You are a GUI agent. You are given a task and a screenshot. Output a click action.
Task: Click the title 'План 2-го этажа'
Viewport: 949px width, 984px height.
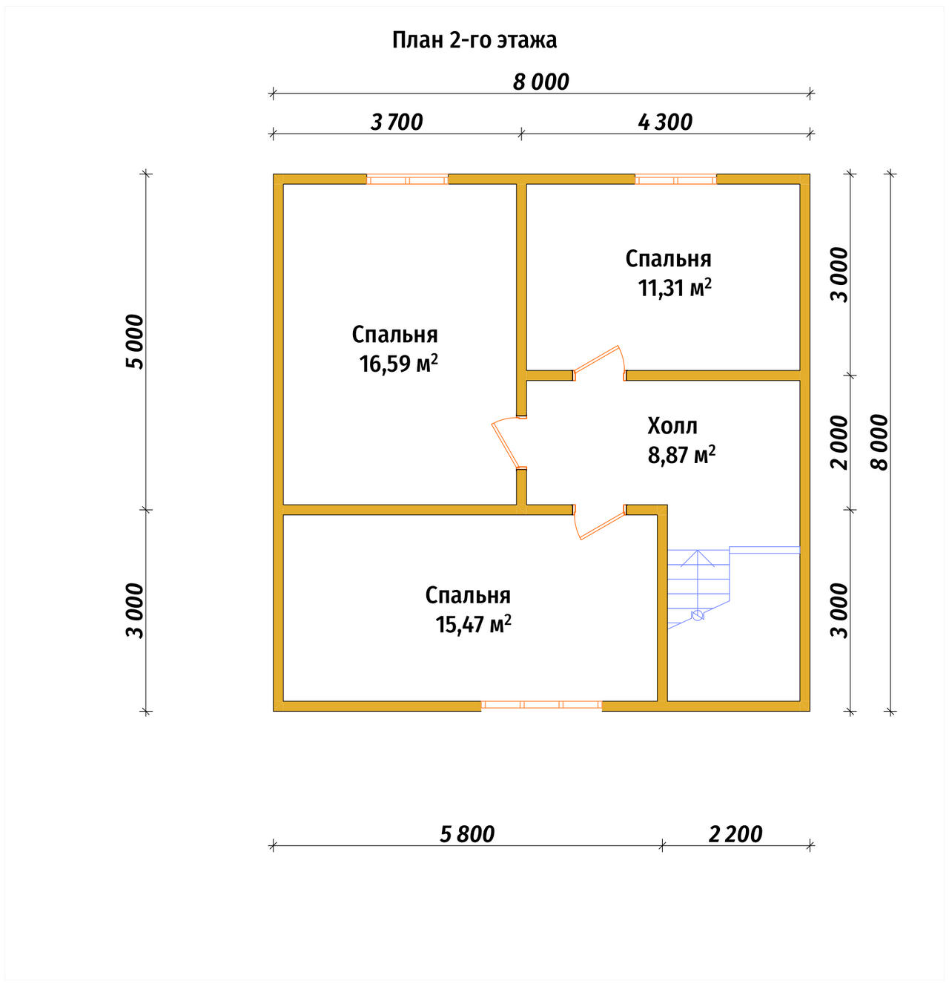[474, 41]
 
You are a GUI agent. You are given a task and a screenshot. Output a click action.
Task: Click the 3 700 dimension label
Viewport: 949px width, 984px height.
[397, 122]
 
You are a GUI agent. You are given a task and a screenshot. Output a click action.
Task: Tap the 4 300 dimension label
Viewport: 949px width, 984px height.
[665, 122]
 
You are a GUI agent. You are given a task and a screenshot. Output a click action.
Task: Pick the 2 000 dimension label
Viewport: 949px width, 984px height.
[839, 442]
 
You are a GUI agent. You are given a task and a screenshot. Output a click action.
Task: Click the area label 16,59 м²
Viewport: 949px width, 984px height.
[399, 364]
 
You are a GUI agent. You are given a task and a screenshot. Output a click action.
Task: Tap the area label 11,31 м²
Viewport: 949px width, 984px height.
[675, 288]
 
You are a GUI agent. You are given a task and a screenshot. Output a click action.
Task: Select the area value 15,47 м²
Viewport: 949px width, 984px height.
[474, 625]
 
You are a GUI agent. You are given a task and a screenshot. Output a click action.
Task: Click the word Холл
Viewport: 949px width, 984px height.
[672, 426]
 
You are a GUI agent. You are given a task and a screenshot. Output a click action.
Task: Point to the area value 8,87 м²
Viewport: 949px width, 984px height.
[681, 455]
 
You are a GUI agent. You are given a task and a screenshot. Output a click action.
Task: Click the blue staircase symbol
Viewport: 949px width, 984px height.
[733, 587]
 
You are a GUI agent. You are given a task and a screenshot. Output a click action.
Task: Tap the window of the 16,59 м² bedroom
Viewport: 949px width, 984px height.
[407, 180]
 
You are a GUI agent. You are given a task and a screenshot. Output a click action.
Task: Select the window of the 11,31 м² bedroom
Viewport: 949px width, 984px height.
[675, 180]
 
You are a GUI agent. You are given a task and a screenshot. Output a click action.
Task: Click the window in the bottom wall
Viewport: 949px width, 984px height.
[541, 706]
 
